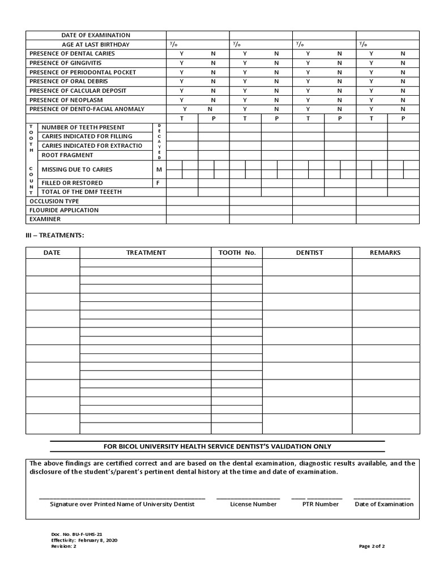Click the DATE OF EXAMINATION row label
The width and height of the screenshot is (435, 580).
pyautogui.click(x=96, y=35)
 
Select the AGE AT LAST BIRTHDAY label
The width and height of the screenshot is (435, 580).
pyautogui.click(x=96, y=44)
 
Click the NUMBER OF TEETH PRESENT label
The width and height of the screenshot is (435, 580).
pyautogui.click(x=83, y=127)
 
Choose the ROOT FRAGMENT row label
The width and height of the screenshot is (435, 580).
pyautogui.click(x=67, y=155)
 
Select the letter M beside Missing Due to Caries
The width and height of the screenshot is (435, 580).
pyautogui.click(x=159, y=169)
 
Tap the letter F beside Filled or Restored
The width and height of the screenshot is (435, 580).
pyautogui.click(x=159, y=183)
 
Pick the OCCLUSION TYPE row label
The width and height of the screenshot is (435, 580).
pyautogui.click(x=54, y=201)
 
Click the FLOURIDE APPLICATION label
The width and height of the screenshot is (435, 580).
pyautogui.click(x=64, y=210)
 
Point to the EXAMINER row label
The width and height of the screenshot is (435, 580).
pyautogui.click(x=45, y=219)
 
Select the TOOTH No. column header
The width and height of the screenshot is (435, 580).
pyautogui.click(x=237, y=253)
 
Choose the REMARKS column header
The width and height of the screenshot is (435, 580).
pyautogui.click(x=385, y=253)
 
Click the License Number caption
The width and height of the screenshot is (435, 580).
pyautogui.click(x=253, y=504)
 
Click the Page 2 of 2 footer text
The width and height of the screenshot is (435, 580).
pyautogui.click(x=372, y=546)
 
